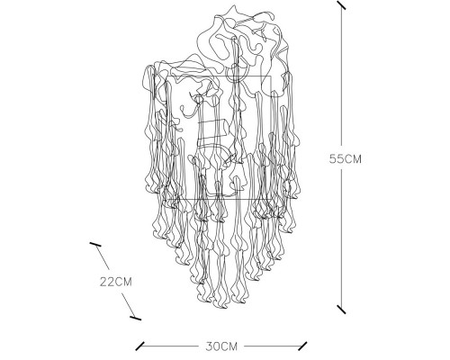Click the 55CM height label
346,158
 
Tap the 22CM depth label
116,282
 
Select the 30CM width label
221,346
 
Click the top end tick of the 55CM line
341,5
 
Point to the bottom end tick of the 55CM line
341,310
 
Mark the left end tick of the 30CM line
139,346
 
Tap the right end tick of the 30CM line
302,346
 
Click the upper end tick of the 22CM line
95,244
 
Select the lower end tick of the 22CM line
135,318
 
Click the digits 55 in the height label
336,158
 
